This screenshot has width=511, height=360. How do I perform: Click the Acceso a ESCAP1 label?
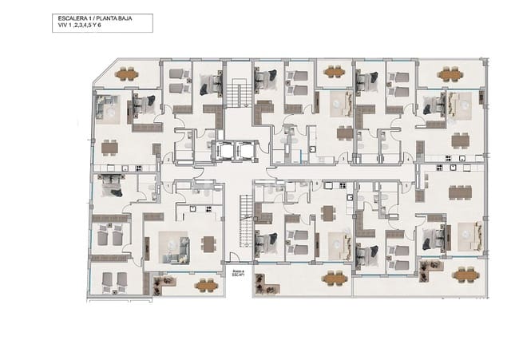(237, 275)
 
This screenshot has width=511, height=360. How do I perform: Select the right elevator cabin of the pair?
(244, 150)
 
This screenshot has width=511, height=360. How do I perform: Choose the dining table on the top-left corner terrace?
(126, 75)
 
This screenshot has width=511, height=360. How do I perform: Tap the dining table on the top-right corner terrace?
(450, 75)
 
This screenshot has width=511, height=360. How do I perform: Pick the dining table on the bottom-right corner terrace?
(465, 275)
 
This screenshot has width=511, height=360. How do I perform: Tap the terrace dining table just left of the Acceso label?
(206, 283)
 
